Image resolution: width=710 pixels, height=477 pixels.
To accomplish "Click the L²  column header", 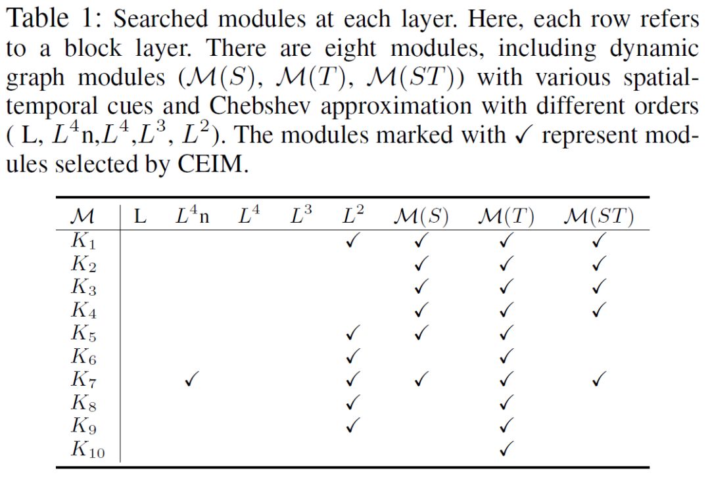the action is pos(354,216).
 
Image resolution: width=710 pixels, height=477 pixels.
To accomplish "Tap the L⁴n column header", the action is pos(192,216).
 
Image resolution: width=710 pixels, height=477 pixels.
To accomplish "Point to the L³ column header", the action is pos(301,216).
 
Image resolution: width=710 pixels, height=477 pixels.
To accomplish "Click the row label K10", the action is pos(87,451).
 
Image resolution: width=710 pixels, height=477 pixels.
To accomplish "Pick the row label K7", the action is pos(84,380).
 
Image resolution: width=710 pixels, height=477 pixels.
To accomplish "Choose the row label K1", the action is pos(84,242).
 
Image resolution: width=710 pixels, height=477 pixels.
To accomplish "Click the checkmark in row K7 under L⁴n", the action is pos(191,379).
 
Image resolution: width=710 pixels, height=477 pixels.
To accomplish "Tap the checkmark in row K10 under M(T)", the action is pos(506,449).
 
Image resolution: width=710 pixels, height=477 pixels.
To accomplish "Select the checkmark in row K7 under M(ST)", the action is pos(598,379).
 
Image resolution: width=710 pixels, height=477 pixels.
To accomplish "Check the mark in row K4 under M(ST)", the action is pos(598,309).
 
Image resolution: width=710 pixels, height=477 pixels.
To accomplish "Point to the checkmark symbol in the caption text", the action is pos(515,135).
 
